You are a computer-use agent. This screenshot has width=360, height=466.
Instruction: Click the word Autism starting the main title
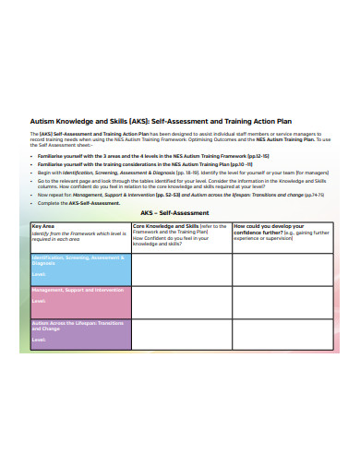pos(41,120)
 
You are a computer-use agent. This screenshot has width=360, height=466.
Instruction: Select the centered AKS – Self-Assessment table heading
pos(180,214)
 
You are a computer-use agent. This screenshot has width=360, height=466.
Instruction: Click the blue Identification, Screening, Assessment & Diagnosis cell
pos(80,269)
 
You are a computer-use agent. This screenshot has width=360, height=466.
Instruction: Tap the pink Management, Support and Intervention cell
pos(80,303)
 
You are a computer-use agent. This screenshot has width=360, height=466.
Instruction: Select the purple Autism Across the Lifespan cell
pos(80,335)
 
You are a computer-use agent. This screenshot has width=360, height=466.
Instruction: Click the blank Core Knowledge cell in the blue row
pos(181,269)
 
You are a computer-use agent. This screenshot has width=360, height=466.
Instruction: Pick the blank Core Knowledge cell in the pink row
pos(181,303)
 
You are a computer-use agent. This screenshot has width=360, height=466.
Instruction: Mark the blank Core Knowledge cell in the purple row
pos(181,335)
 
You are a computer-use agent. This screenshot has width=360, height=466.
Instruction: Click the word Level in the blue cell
pos(39,274)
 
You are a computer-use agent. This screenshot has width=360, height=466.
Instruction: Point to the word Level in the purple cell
pos(39,339)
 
